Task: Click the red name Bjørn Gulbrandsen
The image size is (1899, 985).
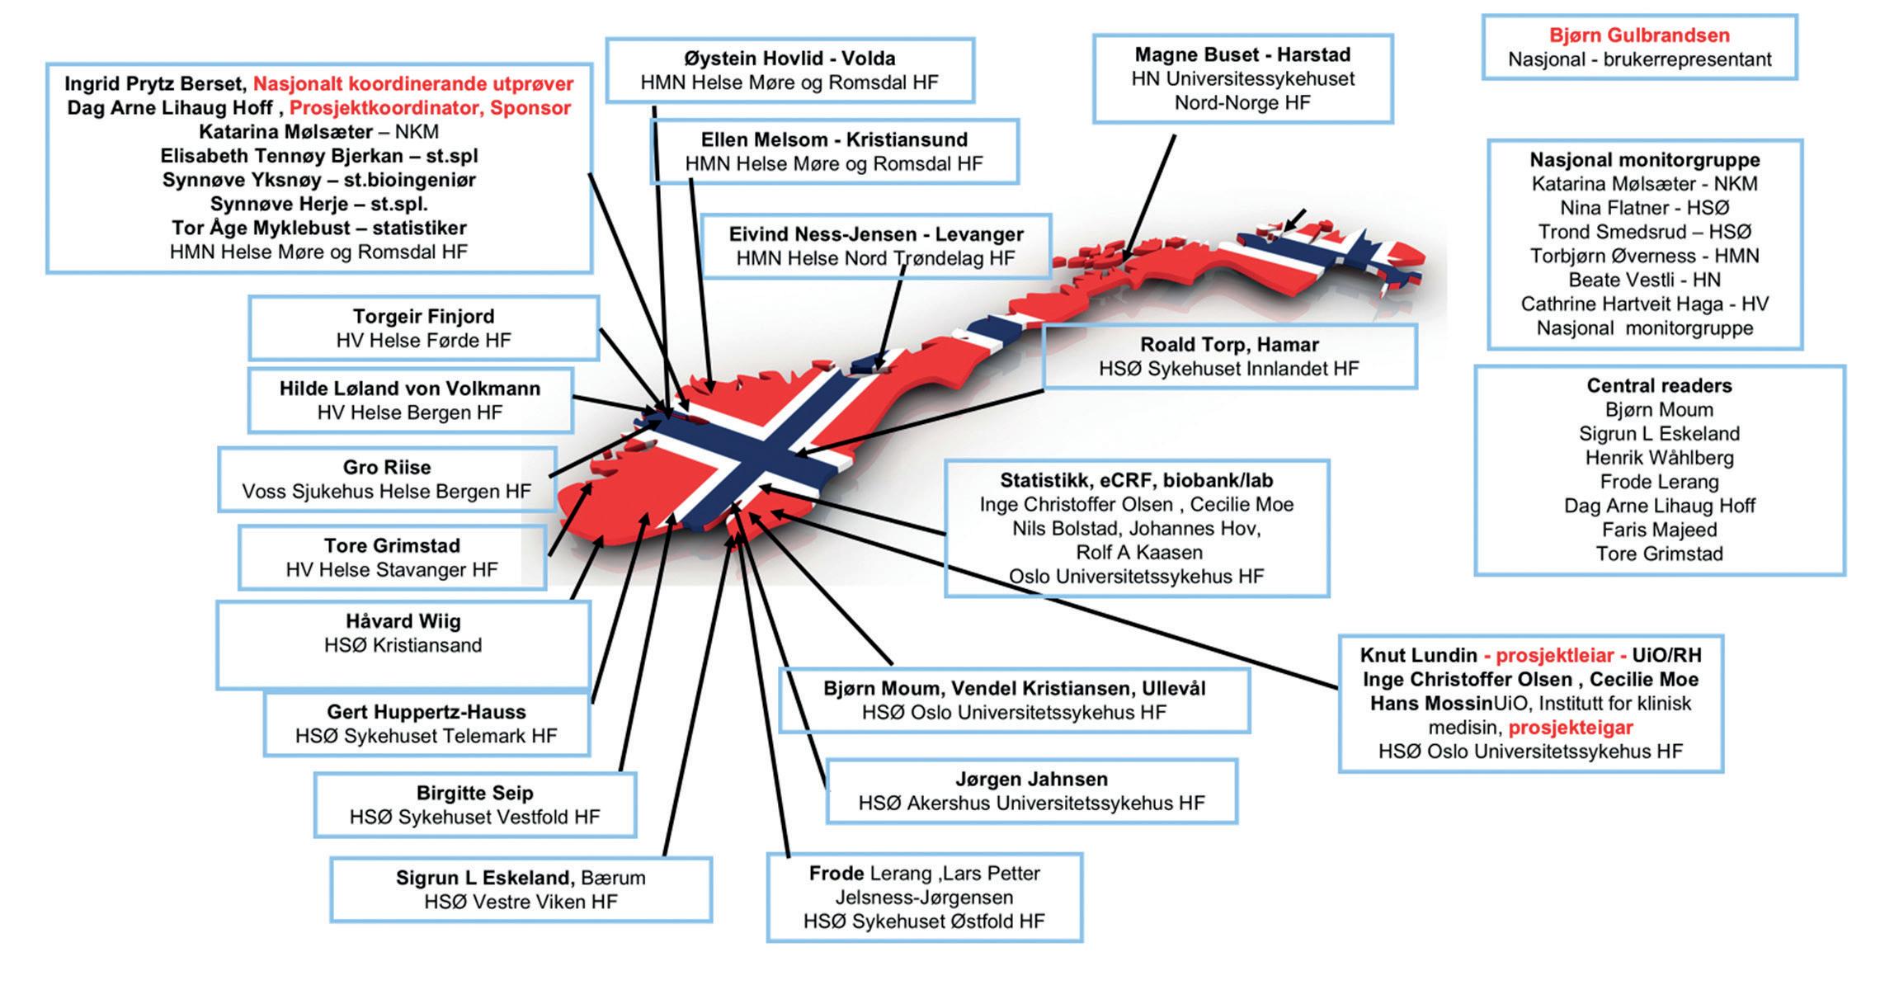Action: click(x=1638, y=35)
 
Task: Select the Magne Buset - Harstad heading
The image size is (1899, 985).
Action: click(x=1242, y=54)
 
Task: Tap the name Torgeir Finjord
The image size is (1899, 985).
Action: click(x=423, y=317)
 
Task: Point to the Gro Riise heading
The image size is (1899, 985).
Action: click(x=387, y=467)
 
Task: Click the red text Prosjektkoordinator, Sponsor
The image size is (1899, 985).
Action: click(x=430, y=108)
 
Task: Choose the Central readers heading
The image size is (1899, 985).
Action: click(x=1659, y=385)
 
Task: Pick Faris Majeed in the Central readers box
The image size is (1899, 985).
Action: click(x=1659, y=530)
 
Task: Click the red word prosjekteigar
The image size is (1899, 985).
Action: click(x=1570, y=728)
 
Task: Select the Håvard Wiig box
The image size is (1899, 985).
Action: click(x=403, y=644)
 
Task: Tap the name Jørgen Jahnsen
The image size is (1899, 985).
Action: click(x=1031, y=779)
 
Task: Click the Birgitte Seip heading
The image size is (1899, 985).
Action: click(x=474, y=793)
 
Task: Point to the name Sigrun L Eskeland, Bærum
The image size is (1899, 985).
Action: click(x=520, y=878)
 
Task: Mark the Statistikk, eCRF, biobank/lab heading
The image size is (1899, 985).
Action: click(x=1136, y=480)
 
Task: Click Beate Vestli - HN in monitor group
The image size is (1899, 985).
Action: click(x=1644, y=280)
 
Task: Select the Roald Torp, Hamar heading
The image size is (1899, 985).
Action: click(x=1229, y=345)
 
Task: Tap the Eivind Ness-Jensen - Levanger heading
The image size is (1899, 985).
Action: click(x=875, y=234)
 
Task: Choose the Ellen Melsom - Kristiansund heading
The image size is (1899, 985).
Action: click(x=834, y=139)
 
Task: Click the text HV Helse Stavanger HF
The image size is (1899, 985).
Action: click(x=392, y=570)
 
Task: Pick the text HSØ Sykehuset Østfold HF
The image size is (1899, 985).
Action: click(x=924, y=921)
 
